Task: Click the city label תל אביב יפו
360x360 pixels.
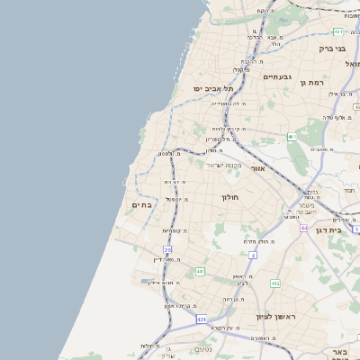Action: [x=212, y=89]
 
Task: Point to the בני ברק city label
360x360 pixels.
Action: [x=332, y=49]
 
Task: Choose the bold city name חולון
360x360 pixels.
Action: [x=229, y=195]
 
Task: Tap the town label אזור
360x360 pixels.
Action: [x=257, y=169]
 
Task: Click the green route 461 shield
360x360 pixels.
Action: [x=291, y=137]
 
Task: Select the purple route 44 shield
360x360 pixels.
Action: [x=304, y=229]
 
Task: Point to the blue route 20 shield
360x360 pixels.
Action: [x=167, y=249]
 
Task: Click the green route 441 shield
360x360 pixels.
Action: [x=200, y=271]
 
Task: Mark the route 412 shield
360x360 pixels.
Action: [x=275, y=283]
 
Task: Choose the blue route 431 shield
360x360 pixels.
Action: [x=201, y=319]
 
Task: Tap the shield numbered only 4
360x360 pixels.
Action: [x=253, y=256]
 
